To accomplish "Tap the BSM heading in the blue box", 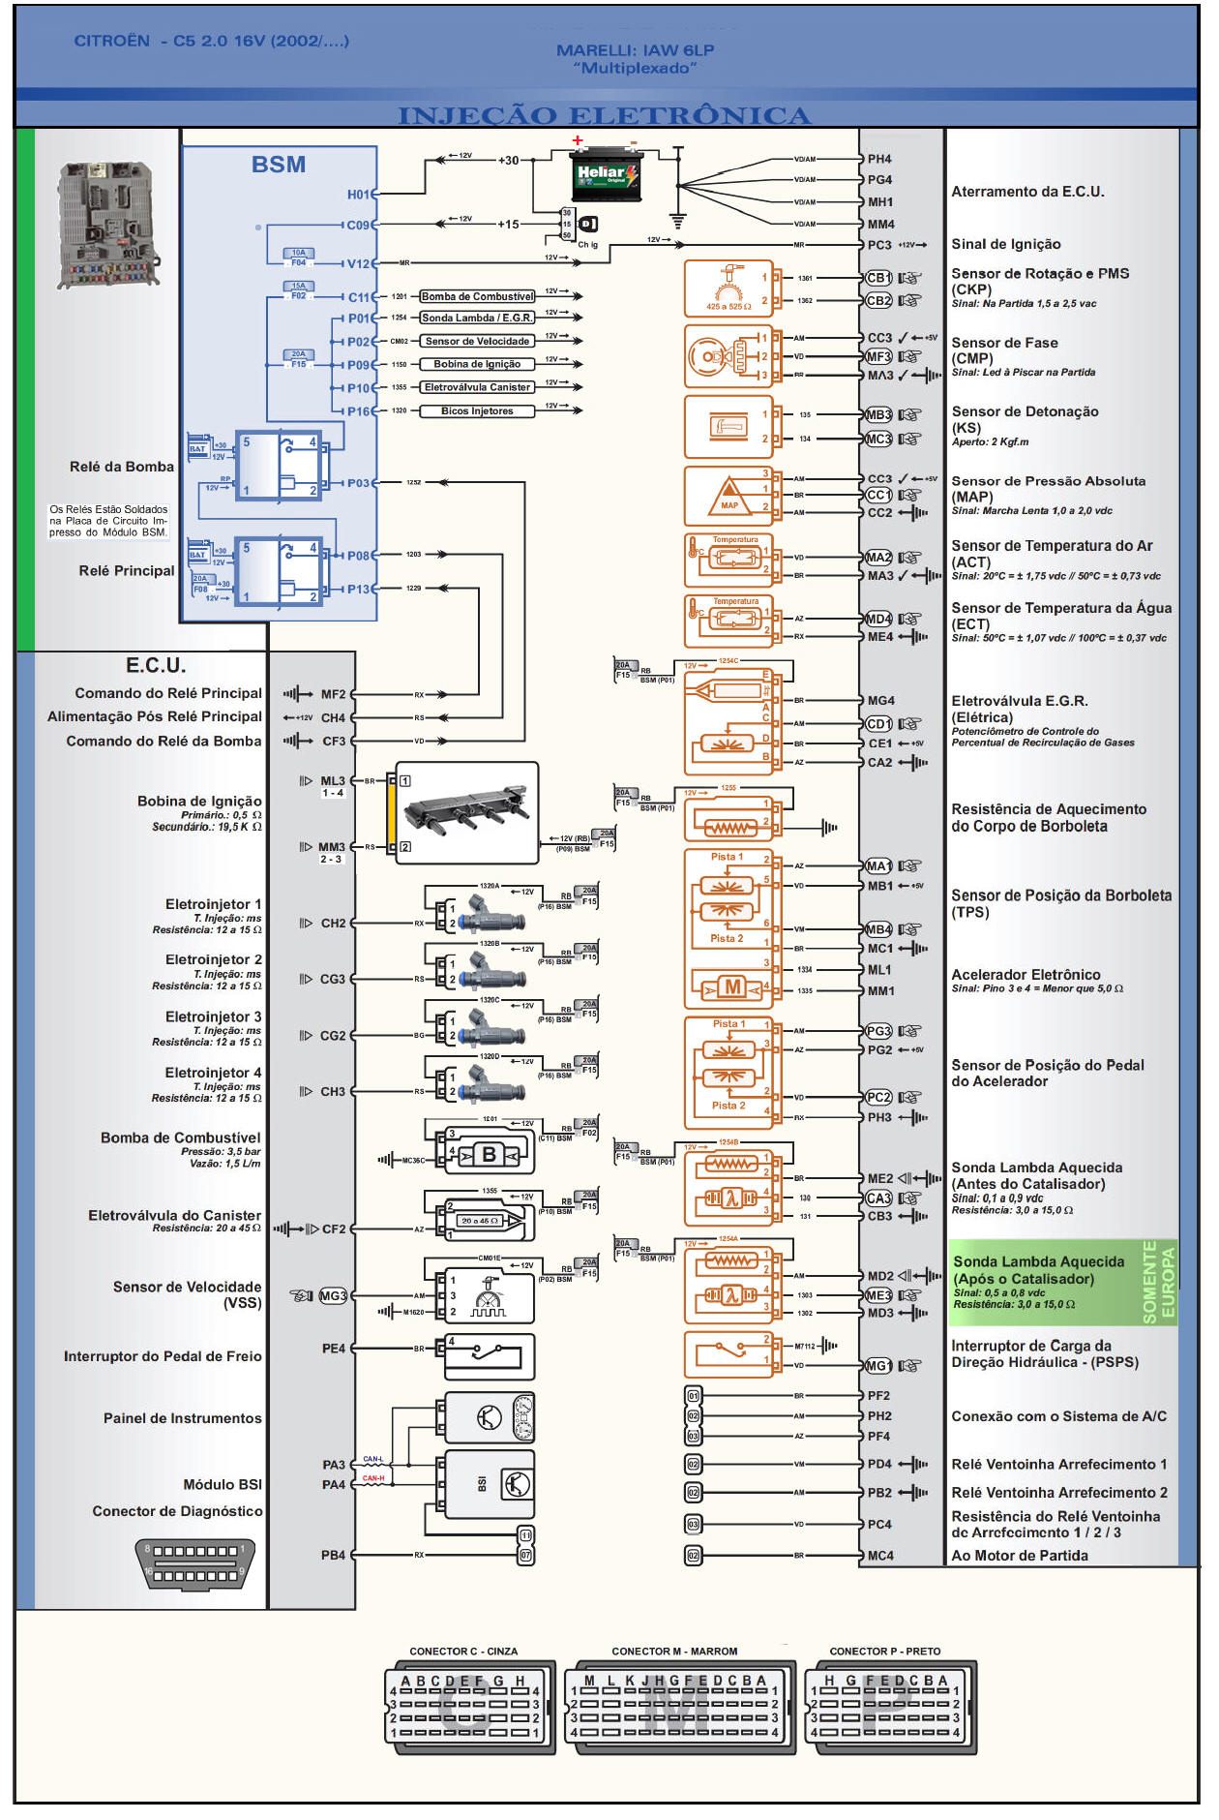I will tap(279, 165).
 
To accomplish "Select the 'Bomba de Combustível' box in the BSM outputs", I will tap(477, 296).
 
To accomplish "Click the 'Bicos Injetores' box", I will tap(477, 410).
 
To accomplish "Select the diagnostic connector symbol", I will tap(196, 1563).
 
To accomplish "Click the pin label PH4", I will tap(879, 159).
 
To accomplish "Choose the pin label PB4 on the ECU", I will tap(333, 1555).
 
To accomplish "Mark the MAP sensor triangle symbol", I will tap(729, 496).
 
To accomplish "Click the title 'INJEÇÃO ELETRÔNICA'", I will tap(604, 115).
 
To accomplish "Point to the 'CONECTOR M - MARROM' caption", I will tap(674, 1651).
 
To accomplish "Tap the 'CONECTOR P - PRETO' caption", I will tap(884, 1651).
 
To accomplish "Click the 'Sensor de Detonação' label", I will tap(1025, 411).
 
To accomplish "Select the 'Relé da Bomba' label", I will tap(122, 467).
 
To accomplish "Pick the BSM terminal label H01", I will tap(358, 195).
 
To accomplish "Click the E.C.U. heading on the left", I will tap(156, 665).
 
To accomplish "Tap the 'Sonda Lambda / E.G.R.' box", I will tap(477, 318).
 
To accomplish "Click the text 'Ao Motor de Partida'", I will tap(1020, 1555).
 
